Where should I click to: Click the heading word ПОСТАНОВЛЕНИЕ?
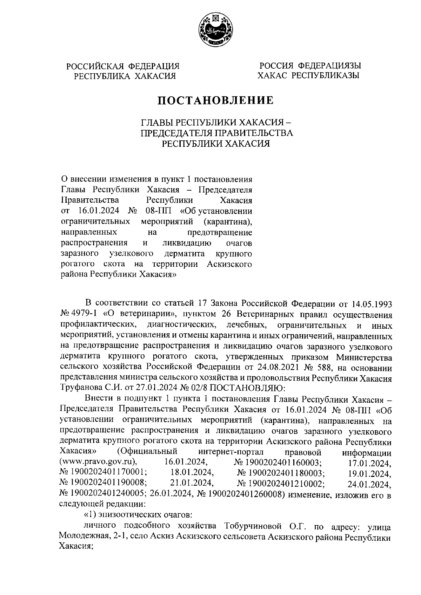click(215, 101)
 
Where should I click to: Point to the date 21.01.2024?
click(192, 484)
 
